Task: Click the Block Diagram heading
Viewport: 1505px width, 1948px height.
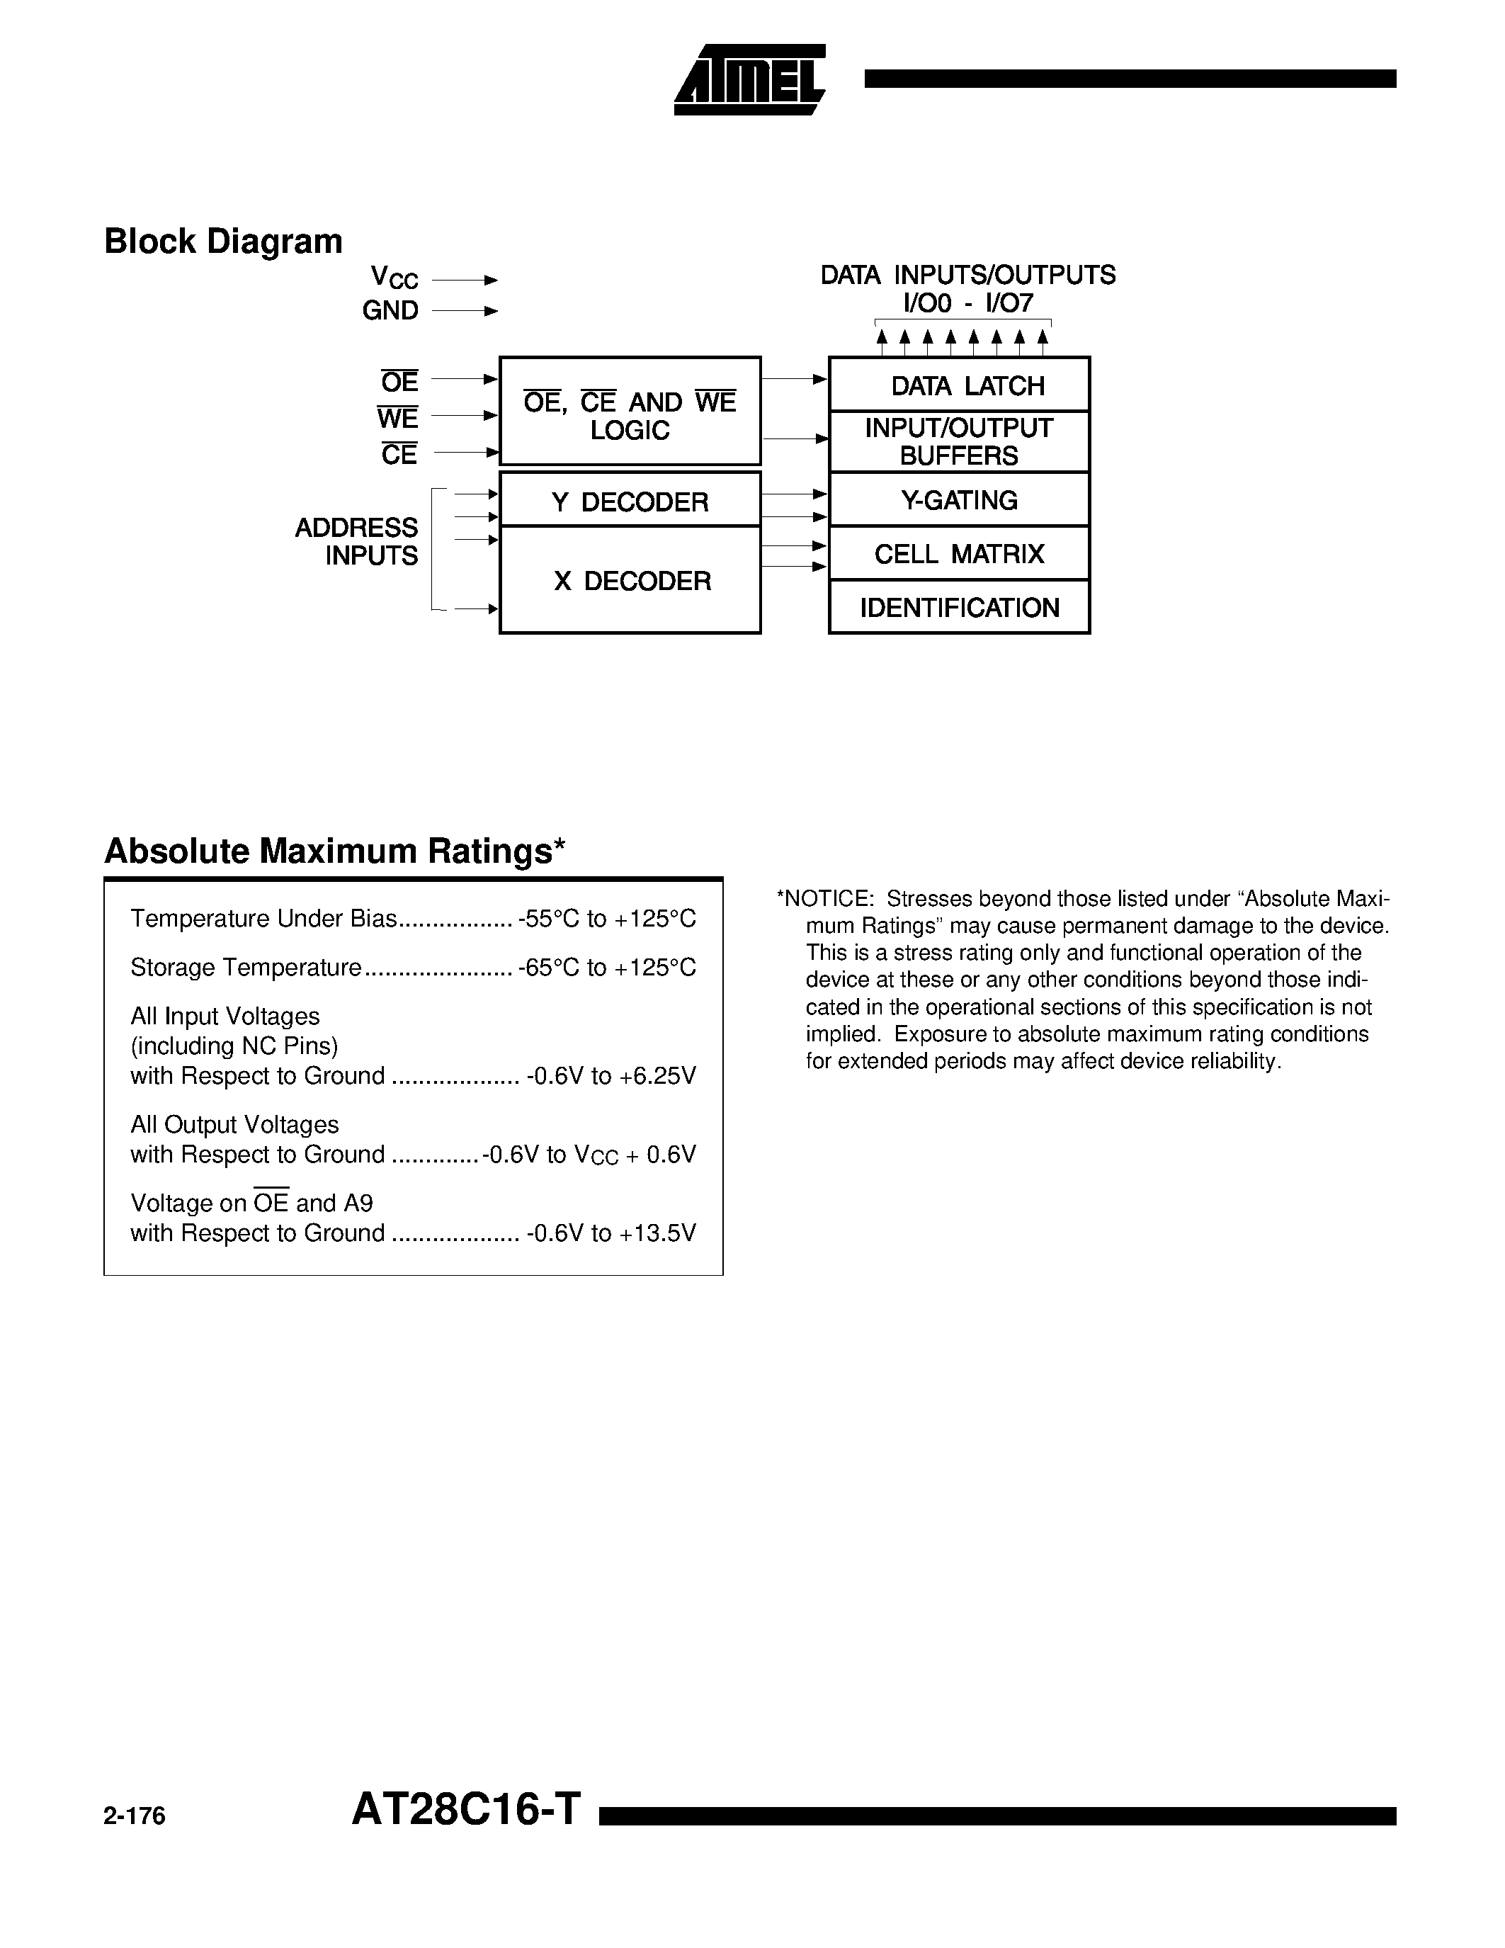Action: click(223, 242)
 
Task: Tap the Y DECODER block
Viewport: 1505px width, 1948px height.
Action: click(630, 502)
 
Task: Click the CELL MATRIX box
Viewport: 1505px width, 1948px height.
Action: click(960, 554)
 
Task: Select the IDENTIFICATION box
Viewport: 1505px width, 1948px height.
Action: click(960, 607)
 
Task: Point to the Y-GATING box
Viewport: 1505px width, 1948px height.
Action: click(960, 500)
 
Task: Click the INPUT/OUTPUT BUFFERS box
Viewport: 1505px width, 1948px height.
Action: click(960, 441)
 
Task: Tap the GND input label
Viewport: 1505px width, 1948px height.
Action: click(390, 310)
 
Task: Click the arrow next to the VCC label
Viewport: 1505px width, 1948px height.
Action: click(465, 280)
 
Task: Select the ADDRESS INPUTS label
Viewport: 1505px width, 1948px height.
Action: click(357, 541)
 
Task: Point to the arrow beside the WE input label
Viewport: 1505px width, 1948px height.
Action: click(465, 416)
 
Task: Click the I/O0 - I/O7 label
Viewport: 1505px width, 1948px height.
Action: click(967, 303)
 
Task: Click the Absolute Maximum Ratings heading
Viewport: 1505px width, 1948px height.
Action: click(335, 851)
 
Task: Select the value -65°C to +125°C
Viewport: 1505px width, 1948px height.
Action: click(606, 968)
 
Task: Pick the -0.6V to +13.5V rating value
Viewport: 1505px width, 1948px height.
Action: click(610, 1233)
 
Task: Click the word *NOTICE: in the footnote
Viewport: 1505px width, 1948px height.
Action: click(824, 899)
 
